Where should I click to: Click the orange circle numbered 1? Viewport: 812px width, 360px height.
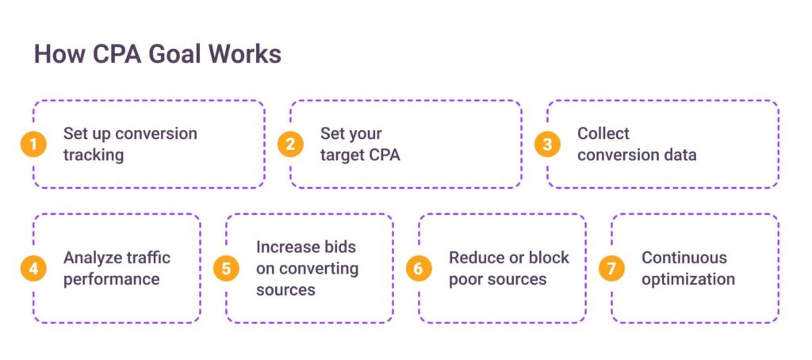pos(33,144)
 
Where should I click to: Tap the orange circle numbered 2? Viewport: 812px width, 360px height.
pos(290,144)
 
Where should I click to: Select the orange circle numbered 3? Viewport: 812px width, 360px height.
pos(547,144)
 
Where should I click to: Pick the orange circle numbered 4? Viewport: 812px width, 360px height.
pos(33,269)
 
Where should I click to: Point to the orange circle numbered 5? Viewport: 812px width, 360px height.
pos(226,269)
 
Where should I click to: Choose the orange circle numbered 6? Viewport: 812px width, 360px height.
pos(419,269)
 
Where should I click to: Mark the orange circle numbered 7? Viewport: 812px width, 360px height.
pos(611,269)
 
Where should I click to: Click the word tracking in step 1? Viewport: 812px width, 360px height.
pos(94,155)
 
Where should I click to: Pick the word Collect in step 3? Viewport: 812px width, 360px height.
pos(603,133)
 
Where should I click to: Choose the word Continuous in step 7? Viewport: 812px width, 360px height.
pos(684,258)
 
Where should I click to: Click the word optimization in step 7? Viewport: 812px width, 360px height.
pos(688,280)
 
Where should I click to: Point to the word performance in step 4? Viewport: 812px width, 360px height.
pos(111,280)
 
